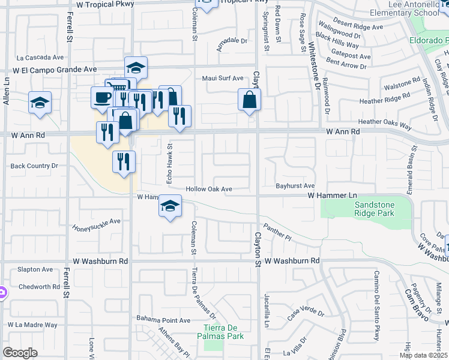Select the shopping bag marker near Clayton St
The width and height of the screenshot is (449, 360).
pyautogui.click(x=249, y=100)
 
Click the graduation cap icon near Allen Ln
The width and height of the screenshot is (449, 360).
pyautogui.click(x=40, y=103)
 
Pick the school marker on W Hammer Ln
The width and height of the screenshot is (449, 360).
pyautogui.click(x=170, y=206)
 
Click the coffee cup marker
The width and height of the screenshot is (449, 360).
pyautogui.click(x=102, y=97)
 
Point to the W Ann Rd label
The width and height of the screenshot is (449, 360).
pyautogui.click(x=343, y=131)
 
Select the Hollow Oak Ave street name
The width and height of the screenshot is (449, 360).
pyautogui.click(x=209, y=189)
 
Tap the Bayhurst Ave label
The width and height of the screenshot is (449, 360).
pyautogui.click(x=295, y=187)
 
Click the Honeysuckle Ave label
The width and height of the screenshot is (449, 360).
pyautogui.click(x=97, y=224)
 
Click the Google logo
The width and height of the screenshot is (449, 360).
pyautogui.click(x=20, y=353)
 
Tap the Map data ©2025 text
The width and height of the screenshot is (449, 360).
pyautogui.click(x=423, y=355)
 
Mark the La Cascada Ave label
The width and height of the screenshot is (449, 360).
pyautogui.click(x=40, y=58)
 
